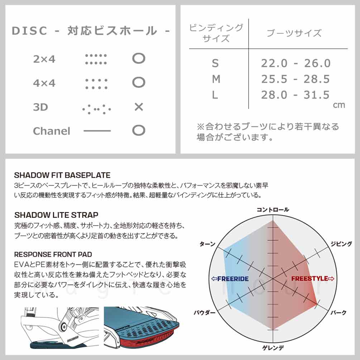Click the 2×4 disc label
click(44, 59)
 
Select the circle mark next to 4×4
click(139, 83)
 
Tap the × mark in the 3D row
click(139, 107)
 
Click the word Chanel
click(52, 131)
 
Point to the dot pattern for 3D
click(96, 107)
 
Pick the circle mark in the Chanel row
click(139, 131)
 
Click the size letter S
click(215, 63)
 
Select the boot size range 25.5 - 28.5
click(296, 79)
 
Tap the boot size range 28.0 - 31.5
click(296, 95)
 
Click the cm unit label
click(339, 105)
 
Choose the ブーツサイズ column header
click(294, 34)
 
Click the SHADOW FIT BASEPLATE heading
click(62, 176)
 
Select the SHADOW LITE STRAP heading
click(56, 215)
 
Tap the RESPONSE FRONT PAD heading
click(53, 254)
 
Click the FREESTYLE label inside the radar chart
click(312, 278)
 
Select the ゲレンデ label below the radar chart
click(273, 347)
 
